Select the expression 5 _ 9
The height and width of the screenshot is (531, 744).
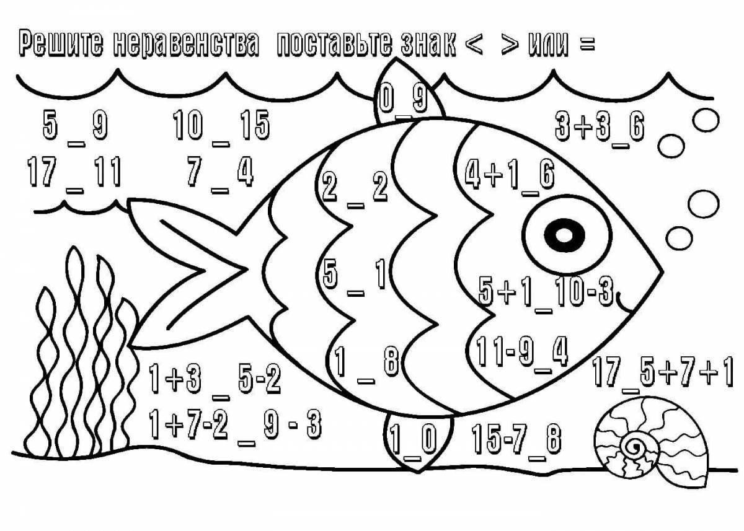tap(74, 127)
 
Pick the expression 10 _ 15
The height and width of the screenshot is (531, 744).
tap(221, 127)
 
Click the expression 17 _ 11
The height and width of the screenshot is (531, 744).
tap(74, 173)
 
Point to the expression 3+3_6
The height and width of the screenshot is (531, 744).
tap(600, 128)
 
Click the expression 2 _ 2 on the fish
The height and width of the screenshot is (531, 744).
tap(355, 187)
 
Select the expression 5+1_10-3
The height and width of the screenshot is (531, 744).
tap(546, 291)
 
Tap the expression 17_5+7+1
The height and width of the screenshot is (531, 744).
tap(663, 373)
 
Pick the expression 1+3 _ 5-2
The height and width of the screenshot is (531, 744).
tap(215, 379)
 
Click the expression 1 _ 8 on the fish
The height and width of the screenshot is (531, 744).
tap(366, 362)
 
